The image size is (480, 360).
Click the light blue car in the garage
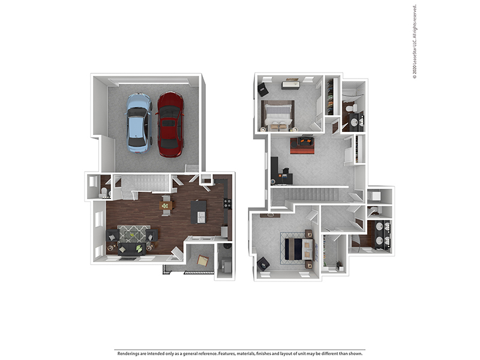click(x=139, y=122)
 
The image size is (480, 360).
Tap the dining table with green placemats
click(x=166, y=205)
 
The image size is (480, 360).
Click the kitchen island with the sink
click(x=198, y=211)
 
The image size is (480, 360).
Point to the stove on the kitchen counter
click(x=227, y=203)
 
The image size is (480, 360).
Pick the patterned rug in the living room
click(x=133, y=233)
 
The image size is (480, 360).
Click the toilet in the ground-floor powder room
click(x=104, y=192)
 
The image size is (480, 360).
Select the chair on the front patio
click(x=203, y=260)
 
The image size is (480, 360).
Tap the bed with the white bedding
click(x=277, y=115)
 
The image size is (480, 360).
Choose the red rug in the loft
click(x=302, y=145)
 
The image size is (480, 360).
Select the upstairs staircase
click(x=308, y=196)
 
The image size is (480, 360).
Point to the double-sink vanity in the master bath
click(x=382, y=234)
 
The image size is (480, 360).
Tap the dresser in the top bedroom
click(x=290, y=85)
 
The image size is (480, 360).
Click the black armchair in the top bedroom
click(x=263, y=89)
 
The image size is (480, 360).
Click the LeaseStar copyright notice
click(x=415, y=41)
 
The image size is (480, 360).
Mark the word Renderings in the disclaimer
click(x=130, y=353)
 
